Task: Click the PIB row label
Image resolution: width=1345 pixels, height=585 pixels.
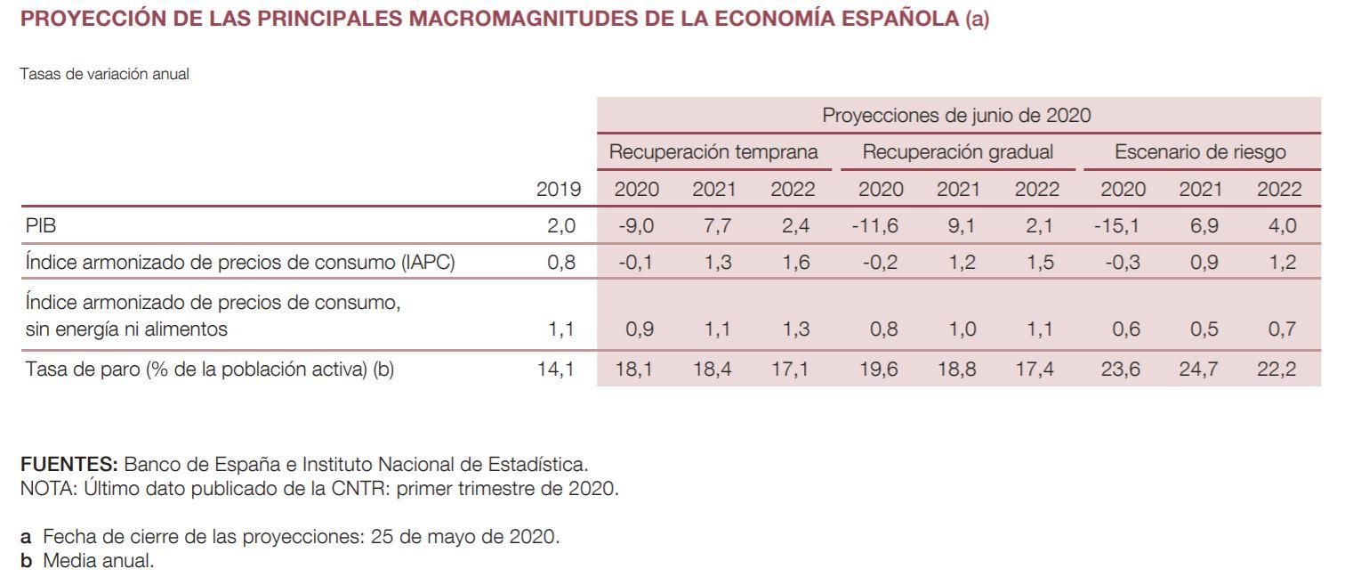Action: (x=41, y=226)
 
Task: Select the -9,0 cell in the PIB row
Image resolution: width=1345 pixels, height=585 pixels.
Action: (x=636, y=226)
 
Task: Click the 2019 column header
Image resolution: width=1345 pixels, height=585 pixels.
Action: (x=559, y=189)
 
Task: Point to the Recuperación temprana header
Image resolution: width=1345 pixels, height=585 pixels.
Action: (x=713, y=152)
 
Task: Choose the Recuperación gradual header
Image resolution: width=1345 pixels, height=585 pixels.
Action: (x=958, y=152)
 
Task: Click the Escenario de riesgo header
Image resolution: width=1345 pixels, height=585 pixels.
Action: (x=1200, y=152)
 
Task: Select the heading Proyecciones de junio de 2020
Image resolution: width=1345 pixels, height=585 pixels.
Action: (x=956, y=116)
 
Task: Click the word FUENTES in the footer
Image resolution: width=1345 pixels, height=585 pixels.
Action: (x=68, y=465)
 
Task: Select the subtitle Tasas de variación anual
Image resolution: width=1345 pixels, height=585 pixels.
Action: (x=104, y=75)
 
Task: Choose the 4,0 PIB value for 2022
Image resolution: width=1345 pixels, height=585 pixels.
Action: (x=1282, y=226)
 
